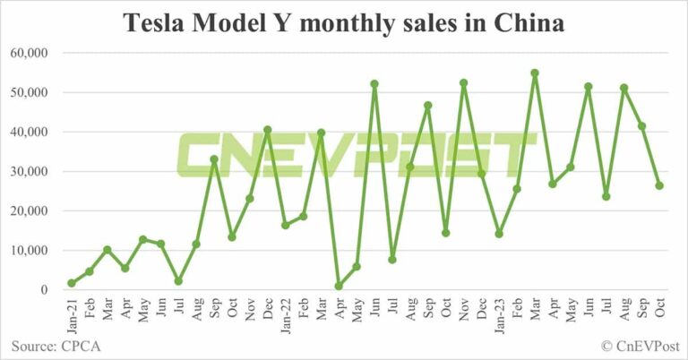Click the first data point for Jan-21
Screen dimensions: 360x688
click(x=71, y=283)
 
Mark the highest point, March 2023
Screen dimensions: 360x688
click(x=535, y=73)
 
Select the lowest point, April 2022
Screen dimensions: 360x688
click(x=339, y=286)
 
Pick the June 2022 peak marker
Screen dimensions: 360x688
click(x=374, y=84)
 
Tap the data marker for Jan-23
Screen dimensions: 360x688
click(x=499, y=234)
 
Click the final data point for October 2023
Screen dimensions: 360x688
click(x=659, y=185)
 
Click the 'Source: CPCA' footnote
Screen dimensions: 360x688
click(x=54, y=345)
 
